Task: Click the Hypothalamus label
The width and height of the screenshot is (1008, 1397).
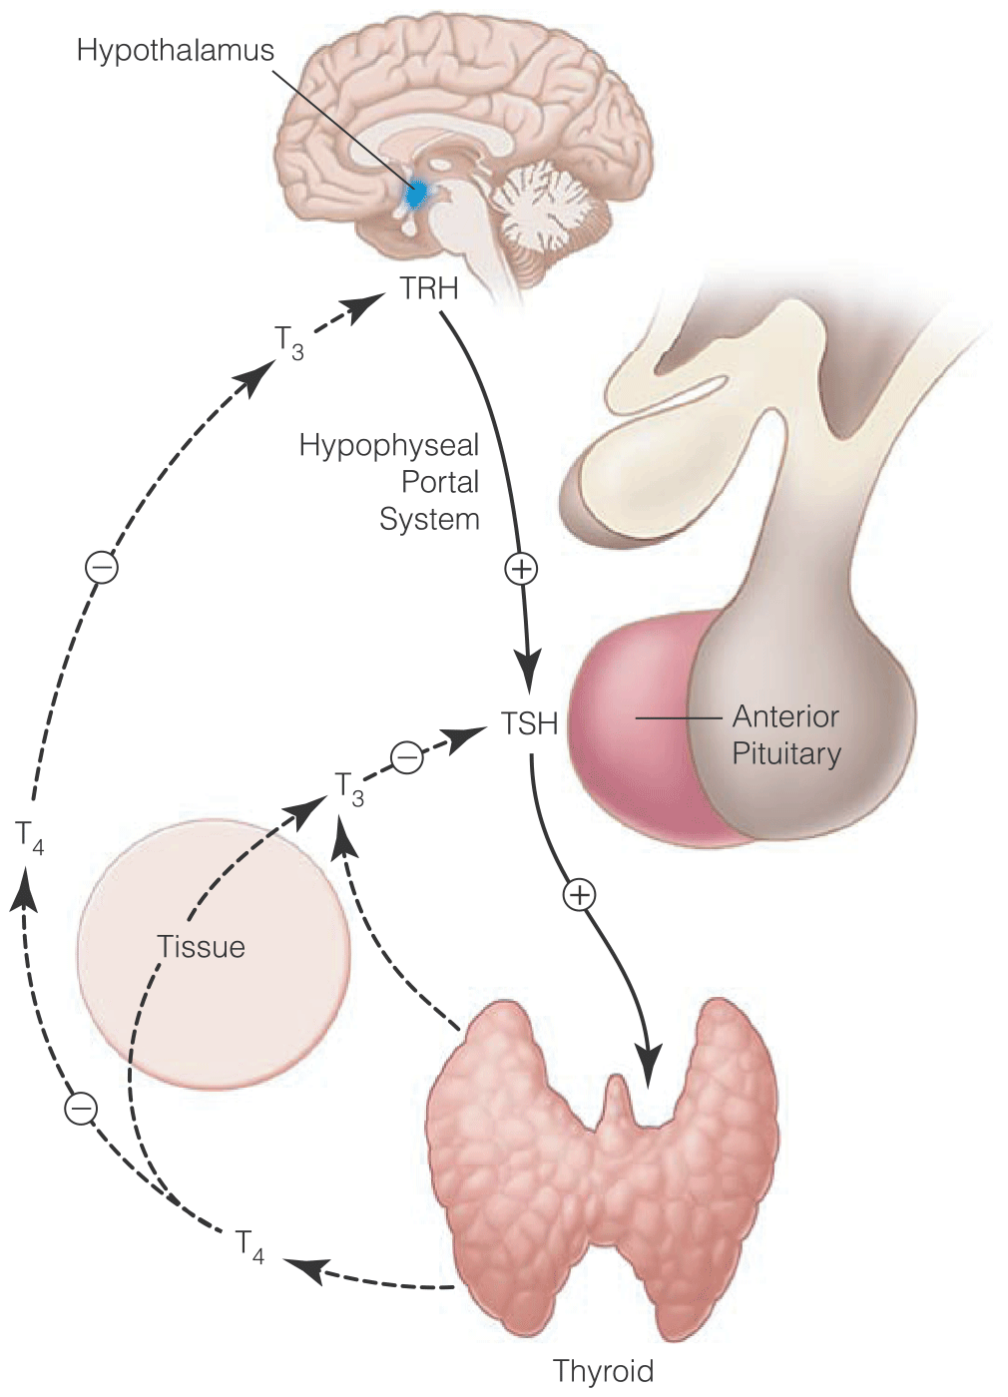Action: coord(175,51)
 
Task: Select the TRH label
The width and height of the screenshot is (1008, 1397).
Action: coord(429,289)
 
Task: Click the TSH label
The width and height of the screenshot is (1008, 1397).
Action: coord(529,723)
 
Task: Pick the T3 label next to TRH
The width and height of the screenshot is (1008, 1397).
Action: coord(289,341)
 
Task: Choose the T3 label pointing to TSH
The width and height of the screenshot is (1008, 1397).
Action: coord(348,788)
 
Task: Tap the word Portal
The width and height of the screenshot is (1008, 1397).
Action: coord(440,482)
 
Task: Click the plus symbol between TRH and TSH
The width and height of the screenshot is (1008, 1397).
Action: coord(521,569)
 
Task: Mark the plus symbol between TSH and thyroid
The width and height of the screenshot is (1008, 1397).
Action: coord(579,894)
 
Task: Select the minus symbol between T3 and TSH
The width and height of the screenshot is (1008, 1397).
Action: coord(406,757)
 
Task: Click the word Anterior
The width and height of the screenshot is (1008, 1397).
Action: coord(785,716)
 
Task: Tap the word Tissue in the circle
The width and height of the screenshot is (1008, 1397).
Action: coord(201,947)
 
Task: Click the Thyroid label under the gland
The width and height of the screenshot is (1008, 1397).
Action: coord(603,1371)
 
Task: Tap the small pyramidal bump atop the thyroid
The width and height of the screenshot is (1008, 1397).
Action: coord(619,1098)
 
